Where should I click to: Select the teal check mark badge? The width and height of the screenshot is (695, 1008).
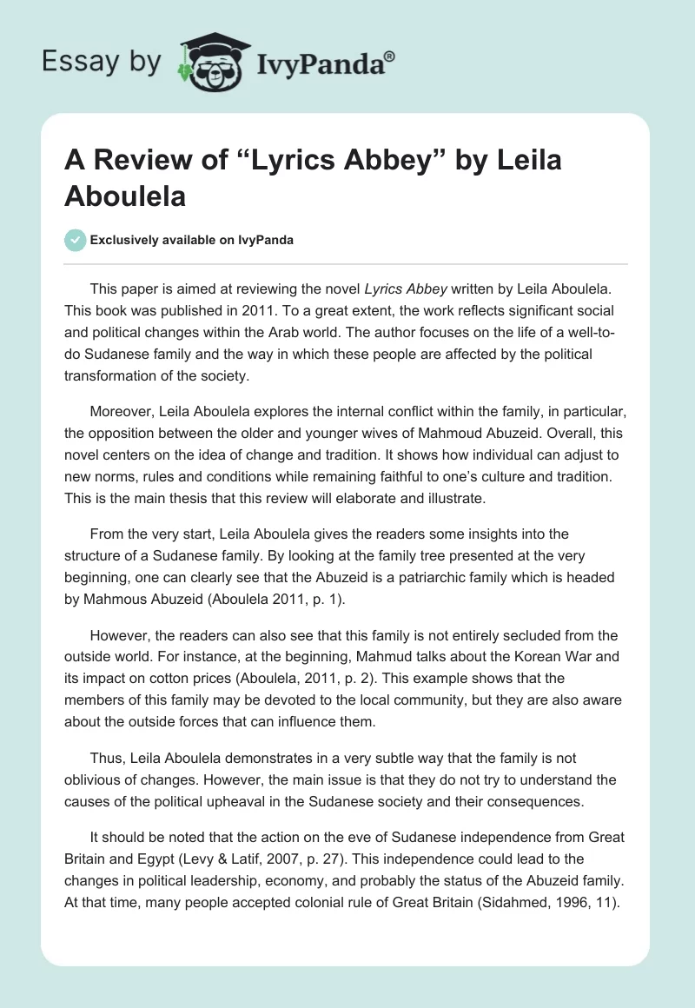tap(75, 240)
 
